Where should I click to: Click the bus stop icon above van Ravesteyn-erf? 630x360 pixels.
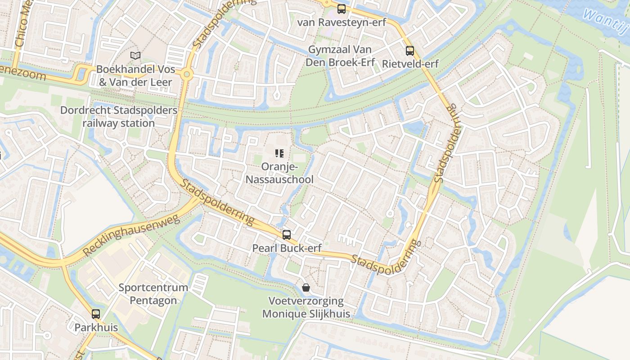point(342,9)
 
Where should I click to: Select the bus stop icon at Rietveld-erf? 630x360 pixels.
point(409,51)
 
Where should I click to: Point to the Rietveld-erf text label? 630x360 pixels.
point(410,64)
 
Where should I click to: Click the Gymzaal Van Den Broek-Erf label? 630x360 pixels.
point(340,56)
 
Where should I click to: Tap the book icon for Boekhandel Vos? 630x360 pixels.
point(135,56)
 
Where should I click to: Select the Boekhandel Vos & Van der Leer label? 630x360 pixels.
point(135,76)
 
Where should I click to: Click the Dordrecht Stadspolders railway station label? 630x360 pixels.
point(118,117)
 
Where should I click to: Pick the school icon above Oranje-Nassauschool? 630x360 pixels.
point(279,154)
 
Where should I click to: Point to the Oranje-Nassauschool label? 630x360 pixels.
point(279,173)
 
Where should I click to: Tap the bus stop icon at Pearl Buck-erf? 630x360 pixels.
point(287,235)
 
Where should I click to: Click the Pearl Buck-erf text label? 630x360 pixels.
point(287,248)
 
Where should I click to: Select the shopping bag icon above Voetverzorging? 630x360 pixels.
point(306,288)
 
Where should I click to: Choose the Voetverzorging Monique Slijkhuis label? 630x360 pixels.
point(306,307)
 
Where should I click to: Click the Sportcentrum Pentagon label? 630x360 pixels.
point(153,294)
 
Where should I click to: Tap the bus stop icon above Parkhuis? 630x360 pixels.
point(96,314)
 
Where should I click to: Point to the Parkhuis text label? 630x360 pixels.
point(96,328)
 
